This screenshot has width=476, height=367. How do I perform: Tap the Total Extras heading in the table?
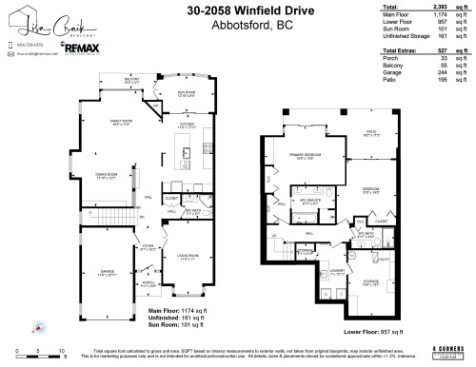(x=401, y=48)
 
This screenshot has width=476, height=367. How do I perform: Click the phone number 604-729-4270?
(x=32, y=44)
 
